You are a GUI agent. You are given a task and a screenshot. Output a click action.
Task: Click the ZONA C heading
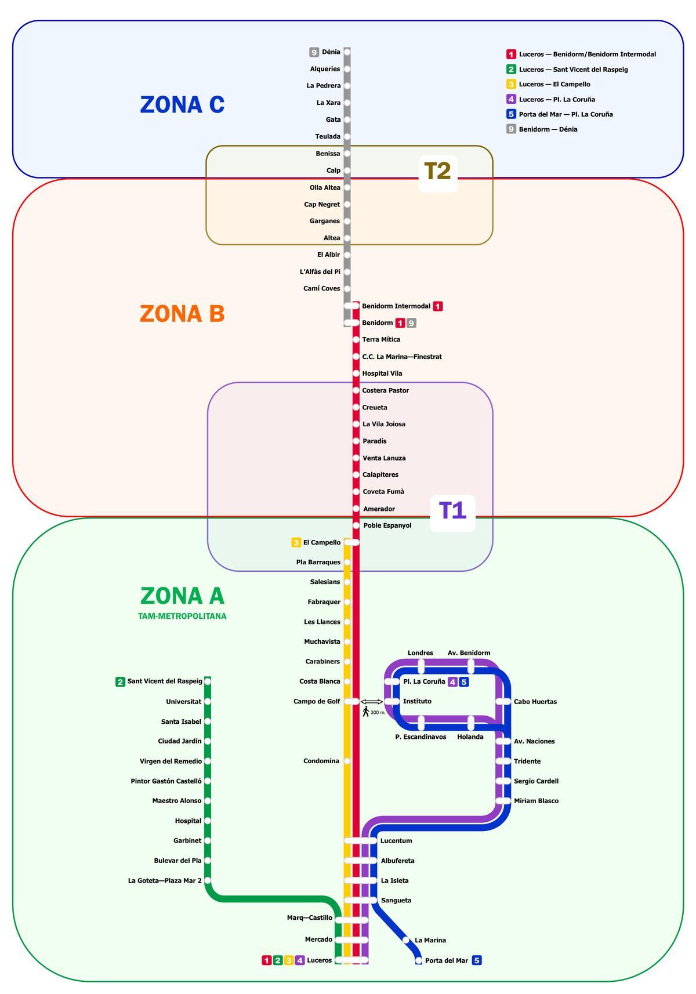pyautogui.click(x=182, y=105)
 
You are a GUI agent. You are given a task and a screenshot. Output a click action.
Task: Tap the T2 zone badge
pyautogui.click(x=438, y=172)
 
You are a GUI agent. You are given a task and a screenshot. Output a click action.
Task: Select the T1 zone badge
pyautogui.click(x=452, y=511)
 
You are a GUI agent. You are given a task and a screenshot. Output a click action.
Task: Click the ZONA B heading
pyautogui.click(x=182, y=314)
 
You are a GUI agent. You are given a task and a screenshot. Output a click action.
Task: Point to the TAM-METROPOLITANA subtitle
pyautogui.click(x=182, y=616)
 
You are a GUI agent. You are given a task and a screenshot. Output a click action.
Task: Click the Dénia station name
pyautogui.click(x=331, y=52)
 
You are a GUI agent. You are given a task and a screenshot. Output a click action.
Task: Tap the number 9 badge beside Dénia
pyautogui.click(x=314, y=52)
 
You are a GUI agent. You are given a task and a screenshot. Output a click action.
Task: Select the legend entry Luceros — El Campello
pyautogui.click(x=554, y=85)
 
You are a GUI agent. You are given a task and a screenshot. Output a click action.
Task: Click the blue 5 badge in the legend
pyautogui.click(x=511, y=114)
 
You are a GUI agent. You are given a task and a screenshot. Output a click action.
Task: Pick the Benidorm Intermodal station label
pyautogui.click(x=396, y=306)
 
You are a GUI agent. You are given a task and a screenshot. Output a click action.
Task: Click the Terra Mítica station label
pyautogui.click(x=381, y=340)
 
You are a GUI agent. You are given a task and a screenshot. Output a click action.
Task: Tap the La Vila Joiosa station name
pyautogui.click(x=384, y=425)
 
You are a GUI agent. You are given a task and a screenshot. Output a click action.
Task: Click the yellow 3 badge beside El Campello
pyautogui.click(x=296, y=543)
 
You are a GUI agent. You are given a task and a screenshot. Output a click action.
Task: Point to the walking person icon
pyautogui.click(x=366, y=711)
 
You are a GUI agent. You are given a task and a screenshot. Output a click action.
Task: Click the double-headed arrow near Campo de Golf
pyautogui.click(x=372, y=702)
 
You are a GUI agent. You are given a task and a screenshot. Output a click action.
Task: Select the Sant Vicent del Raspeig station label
pyautogui.click(x=165, y=681)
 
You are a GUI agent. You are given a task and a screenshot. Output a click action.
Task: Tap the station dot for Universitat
pyautogui.click(x=208, y=702)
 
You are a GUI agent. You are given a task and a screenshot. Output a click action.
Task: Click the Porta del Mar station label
pyautogui.click(x=446, y=961)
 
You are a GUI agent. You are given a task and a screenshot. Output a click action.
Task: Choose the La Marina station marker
pyautogui.click(x=406, y=940)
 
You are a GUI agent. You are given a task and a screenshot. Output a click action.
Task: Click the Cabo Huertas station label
pyautogui.click(x=535, y=702)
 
